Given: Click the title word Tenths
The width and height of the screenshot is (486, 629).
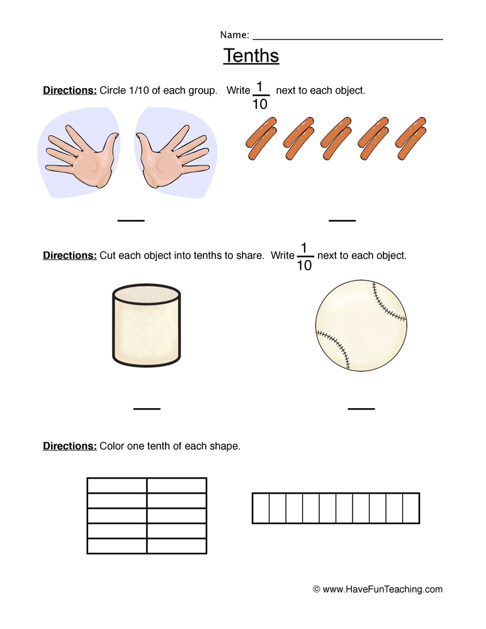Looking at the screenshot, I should (251, 56).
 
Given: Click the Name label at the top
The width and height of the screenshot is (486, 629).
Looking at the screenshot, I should (234, 35).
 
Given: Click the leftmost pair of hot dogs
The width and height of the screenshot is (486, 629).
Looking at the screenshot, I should (261, 137).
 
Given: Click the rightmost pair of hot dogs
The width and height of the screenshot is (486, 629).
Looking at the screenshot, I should (411, 137).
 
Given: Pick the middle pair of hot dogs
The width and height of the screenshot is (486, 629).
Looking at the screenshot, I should (336, 137).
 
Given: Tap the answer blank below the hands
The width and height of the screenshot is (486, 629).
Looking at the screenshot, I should (131, 220).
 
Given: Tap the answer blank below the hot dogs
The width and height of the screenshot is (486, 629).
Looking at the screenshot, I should (342, 220).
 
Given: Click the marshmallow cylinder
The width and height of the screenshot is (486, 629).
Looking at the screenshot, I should (146, 325).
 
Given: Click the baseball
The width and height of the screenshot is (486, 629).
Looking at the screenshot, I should (361, 325).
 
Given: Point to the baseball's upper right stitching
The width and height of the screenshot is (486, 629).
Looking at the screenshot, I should (388, 301).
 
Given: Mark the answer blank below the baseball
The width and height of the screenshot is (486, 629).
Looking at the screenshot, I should (361, 409).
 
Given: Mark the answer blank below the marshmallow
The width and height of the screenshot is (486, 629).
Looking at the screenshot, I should (147, 409).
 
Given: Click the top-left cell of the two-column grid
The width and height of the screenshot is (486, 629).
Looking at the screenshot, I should (117, 485).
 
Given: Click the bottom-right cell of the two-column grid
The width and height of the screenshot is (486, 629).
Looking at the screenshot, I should (177, 546).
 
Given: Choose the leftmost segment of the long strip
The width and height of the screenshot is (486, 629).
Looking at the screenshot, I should (261, 508).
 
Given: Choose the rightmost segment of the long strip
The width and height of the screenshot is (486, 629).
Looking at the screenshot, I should (411, 508).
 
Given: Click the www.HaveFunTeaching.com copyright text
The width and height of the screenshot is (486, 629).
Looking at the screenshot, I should (378, 589).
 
